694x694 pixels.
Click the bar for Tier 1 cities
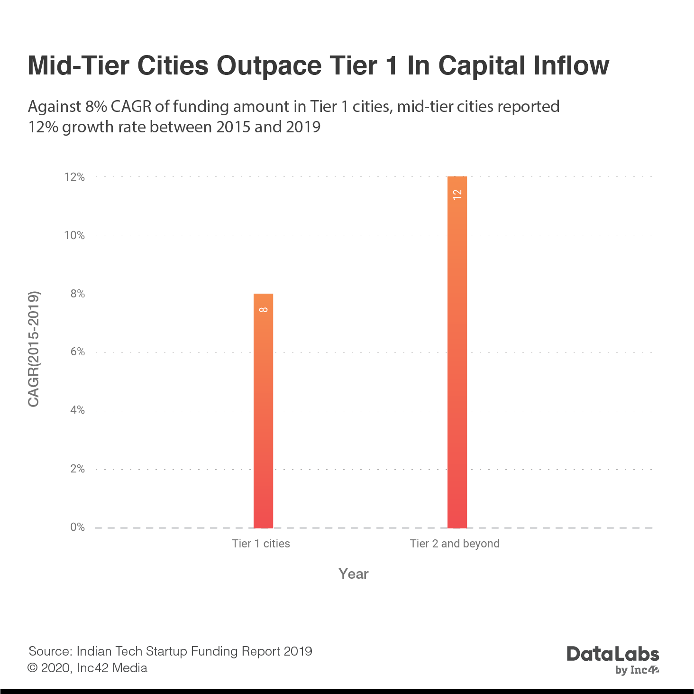coord(264,411)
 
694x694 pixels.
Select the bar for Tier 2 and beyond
coord(457,352)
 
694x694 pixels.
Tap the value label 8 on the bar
coord(264,310)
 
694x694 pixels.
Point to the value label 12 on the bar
coord(457,194)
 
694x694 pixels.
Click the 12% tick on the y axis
coord(75,177)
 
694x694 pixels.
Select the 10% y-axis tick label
coord(75,236)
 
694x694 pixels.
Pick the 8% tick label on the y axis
coord(78,294)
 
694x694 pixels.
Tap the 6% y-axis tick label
coord(78,352)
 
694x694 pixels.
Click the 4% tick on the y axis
coord(78,410)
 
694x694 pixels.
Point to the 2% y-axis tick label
coord(78,469)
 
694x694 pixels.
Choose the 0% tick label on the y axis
coord(78,527)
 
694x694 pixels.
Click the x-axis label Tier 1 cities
coord(261,544)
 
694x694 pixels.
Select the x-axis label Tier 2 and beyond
coord(455,544)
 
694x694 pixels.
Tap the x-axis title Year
coord(354,574)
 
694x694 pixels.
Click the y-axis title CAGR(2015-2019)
coord(34,349)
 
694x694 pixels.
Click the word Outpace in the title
coord(269,65)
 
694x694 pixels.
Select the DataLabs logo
coord(613,658)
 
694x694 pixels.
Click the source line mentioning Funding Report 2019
coord(170,651)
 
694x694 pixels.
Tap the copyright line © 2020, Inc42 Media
coord(88,668)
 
